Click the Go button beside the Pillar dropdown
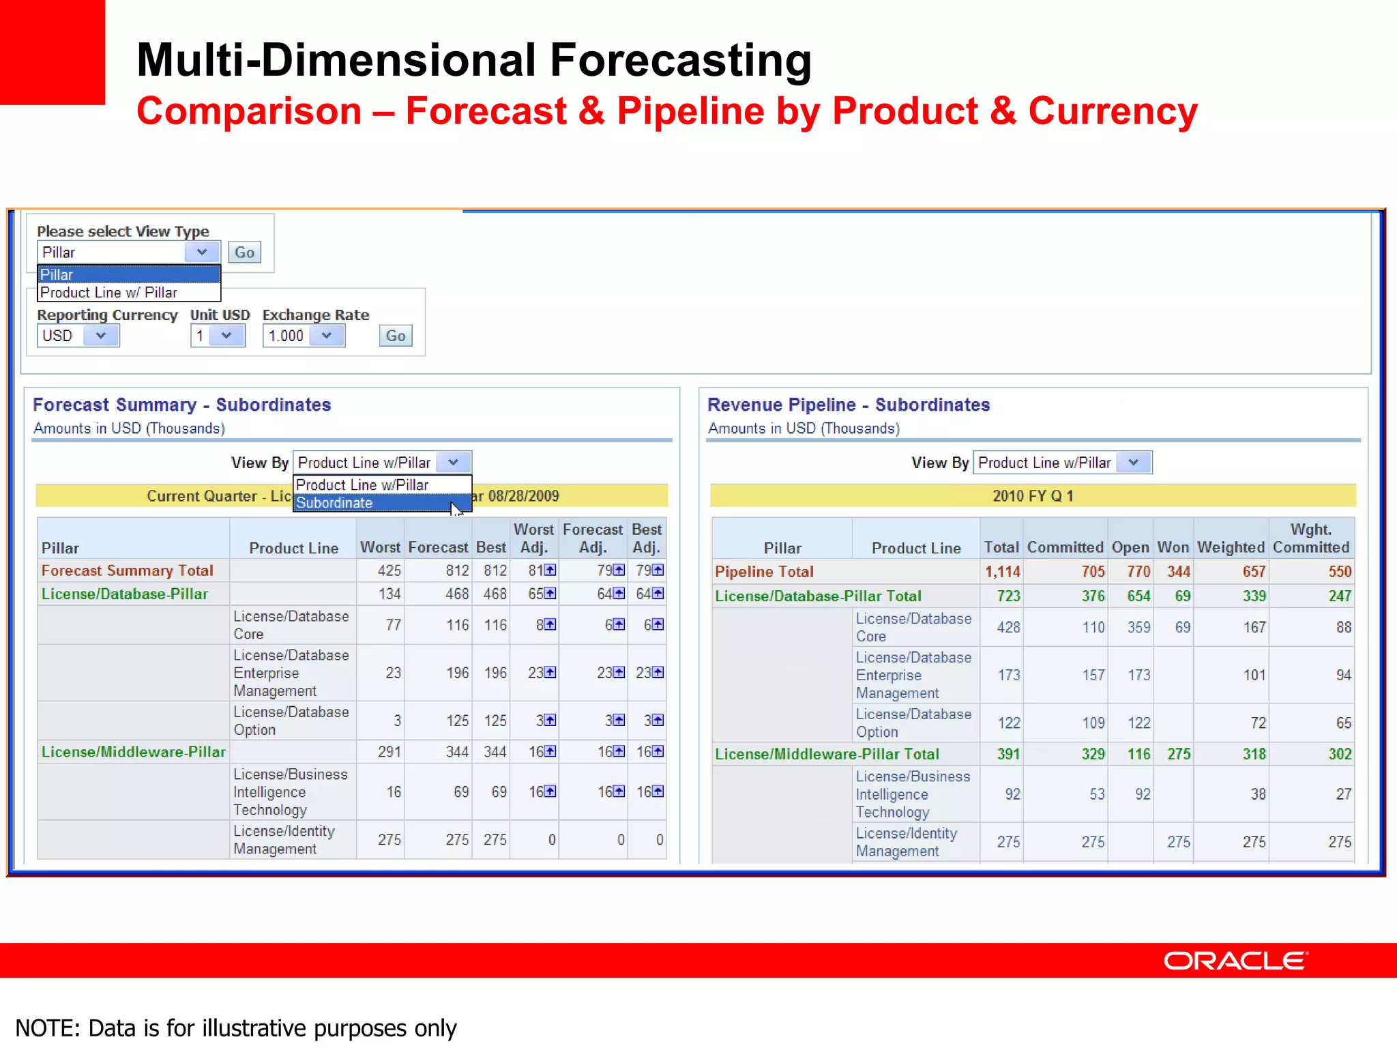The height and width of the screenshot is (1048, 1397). (x=244, y=252)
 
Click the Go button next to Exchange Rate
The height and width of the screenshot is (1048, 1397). (x=396, y=336)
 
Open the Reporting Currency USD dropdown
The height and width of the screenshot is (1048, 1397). (x=78, y=336)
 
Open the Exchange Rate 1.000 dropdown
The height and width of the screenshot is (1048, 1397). (x=304, y=336)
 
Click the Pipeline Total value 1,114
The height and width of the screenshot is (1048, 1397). (x=1002, y=572)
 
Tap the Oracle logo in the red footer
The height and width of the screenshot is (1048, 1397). (x=1235, y=961)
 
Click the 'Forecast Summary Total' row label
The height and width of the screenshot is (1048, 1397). (x=128, y=570)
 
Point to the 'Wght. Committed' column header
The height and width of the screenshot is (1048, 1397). (x=1310, y=538)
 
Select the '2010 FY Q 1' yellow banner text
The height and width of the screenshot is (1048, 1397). (x=1032, y=496)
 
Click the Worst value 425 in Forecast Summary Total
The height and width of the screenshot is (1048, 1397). (x=389, y=570)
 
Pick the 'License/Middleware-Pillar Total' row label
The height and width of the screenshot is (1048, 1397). (x=827, y=754)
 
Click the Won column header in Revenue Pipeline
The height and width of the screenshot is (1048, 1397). (x=1173, y=547)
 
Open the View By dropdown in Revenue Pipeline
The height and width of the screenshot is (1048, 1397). (x=1061, y=463)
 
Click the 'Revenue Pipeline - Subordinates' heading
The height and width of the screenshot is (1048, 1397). (x=848, y=405)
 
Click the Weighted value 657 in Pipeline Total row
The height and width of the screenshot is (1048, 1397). (x=1254, y=572)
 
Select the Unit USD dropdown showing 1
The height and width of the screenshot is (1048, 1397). (x=218, y=336)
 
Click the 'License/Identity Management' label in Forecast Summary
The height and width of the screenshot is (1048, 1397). (x=284, y=840)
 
